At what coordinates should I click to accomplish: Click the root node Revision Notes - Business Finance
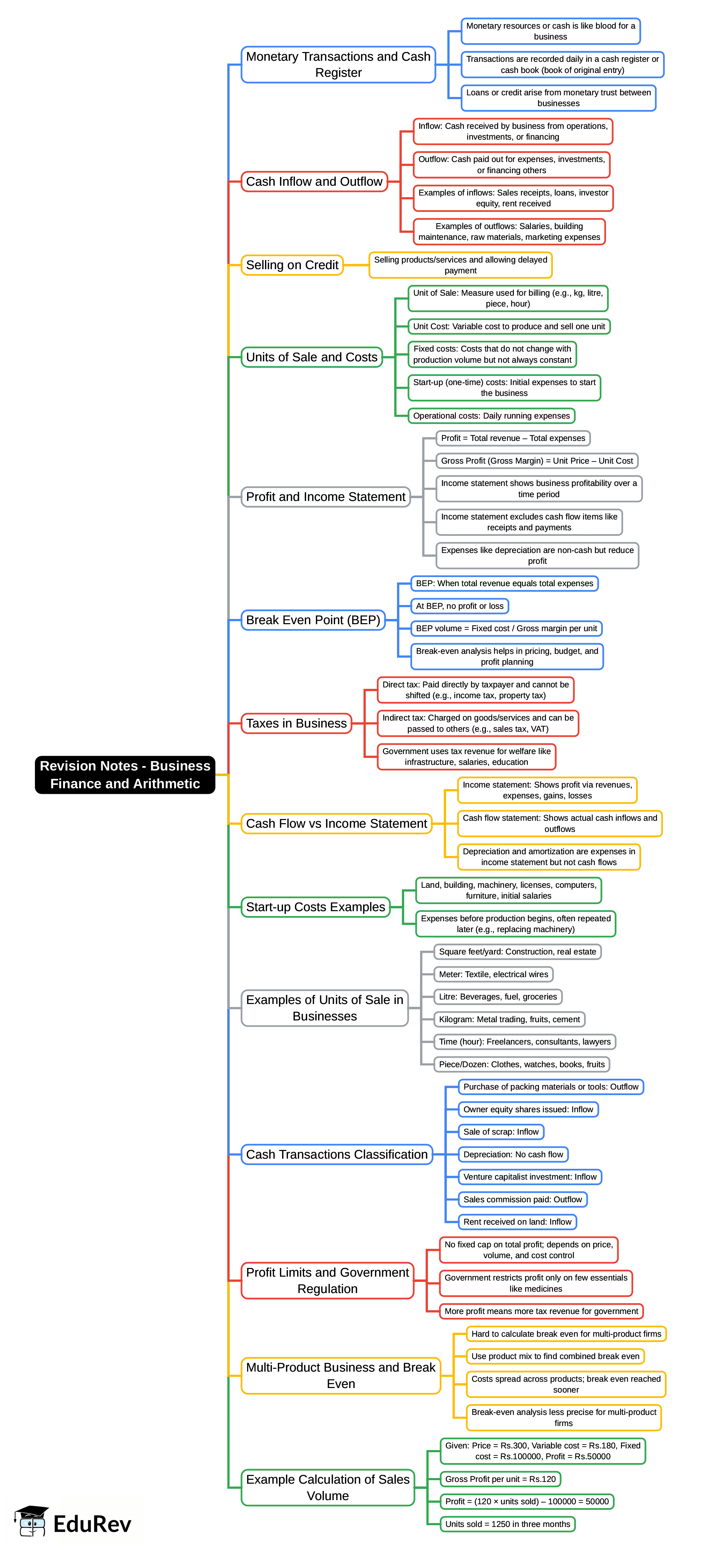point(125,774)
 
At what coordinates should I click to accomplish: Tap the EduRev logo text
point(92,1523)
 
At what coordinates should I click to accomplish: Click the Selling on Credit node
point(292,265)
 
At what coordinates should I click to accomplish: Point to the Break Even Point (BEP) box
point(313,620)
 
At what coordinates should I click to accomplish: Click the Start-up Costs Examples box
point(315,907)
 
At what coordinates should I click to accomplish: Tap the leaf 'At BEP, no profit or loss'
point(460,606)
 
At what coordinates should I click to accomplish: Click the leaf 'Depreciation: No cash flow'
point(513,1154)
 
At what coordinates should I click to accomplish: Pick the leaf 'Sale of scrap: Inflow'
point(501,1132)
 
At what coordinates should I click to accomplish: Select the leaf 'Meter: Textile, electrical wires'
point(493,974)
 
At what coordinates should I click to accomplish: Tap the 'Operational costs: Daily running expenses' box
point(491,416)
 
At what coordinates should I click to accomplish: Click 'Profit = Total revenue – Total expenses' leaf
point(512,438)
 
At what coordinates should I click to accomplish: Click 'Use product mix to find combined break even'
point(555,1356)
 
